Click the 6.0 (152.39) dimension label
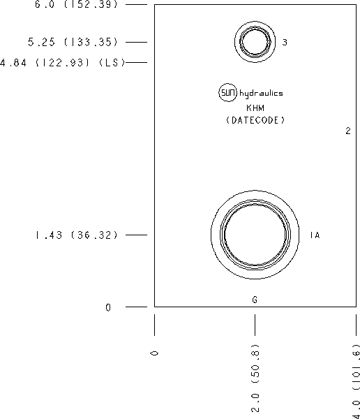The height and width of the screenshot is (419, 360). click(x=76, y=4)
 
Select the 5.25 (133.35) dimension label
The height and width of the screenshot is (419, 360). click(x=73, y=42)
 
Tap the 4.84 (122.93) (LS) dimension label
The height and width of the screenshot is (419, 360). click(x=63, y=63)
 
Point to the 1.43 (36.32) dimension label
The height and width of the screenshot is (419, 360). click(x=76, y=235)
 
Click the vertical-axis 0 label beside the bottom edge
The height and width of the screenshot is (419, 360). click(x=108, y=307)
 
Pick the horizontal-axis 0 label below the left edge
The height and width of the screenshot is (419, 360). click(x=155, y=353)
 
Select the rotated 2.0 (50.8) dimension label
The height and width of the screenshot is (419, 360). click(x=255, y=378)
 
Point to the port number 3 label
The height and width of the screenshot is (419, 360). click(x=285, y=42)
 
